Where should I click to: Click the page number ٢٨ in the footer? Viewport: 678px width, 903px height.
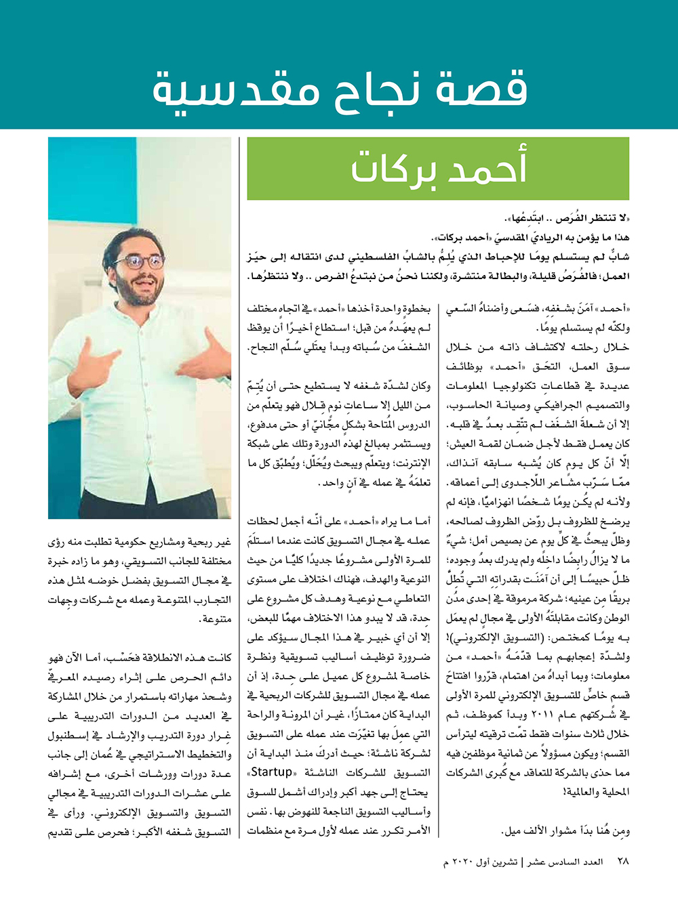tap(623, 862)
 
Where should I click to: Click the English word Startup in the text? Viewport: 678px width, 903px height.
tap(272, 772)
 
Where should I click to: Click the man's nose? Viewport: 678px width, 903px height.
tap(144, 270)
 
